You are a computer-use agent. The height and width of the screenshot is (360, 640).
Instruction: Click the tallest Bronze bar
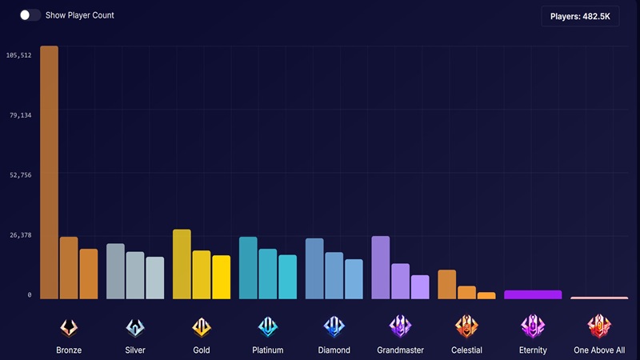[49, 172]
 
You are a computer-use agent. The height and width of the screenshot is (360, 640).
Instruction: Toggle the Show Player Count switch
[30, 15]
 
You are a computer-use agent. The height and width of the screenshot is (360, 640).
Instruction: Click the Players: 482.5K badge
[579, 16]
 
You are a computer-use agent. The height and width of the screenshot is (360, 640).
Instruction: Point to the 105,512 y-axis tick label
[18, 55]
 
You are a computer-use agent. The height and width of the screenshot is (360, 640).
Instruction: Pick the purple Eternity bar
[533, 294]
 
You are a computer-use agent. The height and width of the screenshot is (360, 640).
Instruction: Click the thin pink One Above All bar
[599, 298]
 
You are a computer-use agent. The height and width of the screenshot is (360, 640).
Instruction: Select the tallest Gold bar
[182, 264]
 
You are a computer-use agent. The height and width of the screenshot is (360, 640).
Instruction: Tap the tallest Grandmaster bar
[381, 267]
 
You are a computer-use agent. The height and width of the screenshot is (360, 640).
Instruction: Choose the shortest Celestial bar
[486, 295]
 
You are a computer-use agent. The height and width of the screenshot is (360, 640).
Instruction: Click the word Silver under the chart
[135, 350]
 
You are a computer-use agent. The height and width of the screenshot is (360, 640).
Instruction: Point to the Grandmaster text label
[400, 350]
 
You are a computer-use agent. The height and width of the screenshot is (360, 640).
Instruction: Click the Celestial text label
[466, 350]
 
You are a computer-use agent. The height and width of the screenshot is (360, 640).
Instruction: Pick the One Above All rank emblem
[599, 326]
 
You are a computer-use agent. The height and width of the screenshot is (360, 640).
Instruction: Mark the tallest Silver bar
[115, 271]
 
